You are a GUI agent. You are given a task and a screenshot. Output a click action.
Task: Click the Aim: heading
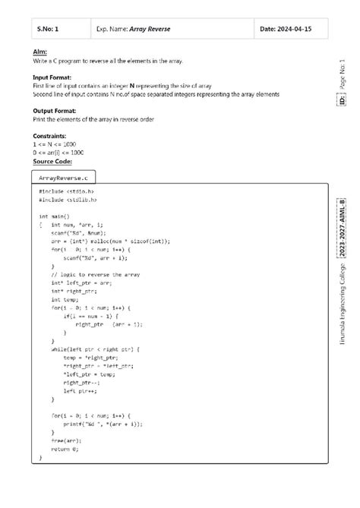(39, 51)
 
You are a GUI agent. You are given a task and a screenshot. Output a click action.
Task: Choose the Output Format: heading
(57, 111)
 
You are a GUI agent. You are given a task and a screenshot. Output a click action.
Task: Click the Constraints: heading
(49, 136)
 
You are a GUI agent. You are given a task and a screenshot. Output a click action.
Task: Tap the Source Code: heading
(52, 162)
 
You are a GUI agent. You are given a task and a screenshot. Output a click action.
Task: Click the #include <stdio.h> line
(67, 192)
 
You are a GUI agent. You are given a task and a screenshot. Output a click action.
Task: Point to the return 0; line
(65, 450)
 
